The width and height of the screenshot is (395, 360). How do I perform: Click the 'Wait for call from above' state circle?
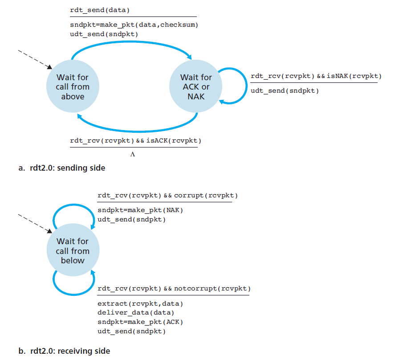pos(73,87)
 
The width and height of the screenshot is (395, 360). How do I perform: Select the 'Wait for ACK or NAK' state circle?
pos(196,87)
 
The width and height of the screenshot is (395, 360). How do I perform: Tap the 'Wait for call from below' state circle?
pos(73,251)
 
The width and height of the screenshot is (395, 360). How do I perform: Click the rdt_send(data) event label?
pos(97,9)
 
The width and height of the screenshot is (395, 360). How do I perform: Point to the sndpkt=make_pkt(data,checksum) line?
pos(134,25)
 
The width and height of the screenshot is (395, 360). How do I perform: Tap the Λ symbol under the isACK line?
pos(133,155)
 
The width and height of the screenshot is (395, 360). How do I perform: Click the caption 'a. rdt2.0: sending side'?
pos(62,168)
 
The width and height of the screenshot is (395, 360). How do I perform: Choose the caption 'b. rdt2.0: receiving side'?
pos(64,351)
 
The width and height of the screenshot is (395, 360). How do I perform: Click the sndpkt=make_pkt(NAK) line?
pos(140,210)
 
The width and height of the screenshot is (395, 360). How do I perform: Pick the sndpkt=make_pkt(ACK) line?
pos(140,322)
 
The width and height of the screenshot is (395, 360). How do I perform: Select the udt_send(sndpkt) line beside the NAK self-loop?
pos(285,91)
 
